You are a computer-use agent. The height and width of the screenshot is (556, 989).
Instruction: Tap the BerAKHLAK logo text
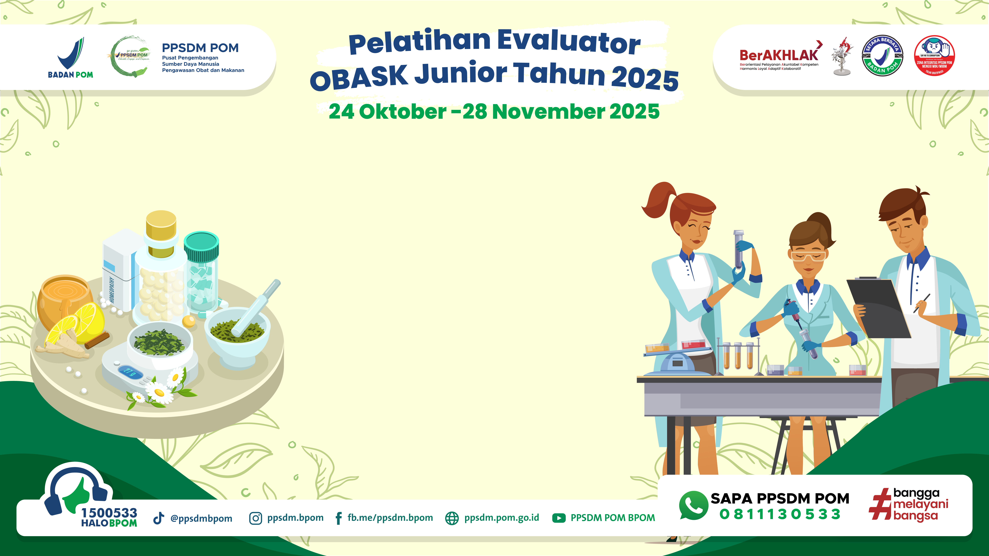point(779,56)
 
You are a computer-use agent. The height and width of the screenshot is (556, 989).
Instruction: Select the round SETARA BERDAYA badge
point(882,56)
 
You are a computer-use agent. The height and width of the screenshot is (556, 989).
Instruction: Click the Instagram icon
point(255,518)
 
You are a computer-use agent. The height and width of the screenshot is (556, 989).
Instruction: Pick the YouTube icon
point(559,518)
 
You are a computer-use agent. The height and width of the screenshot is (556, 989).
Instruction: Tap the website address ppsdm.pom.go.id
point(501,518)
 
